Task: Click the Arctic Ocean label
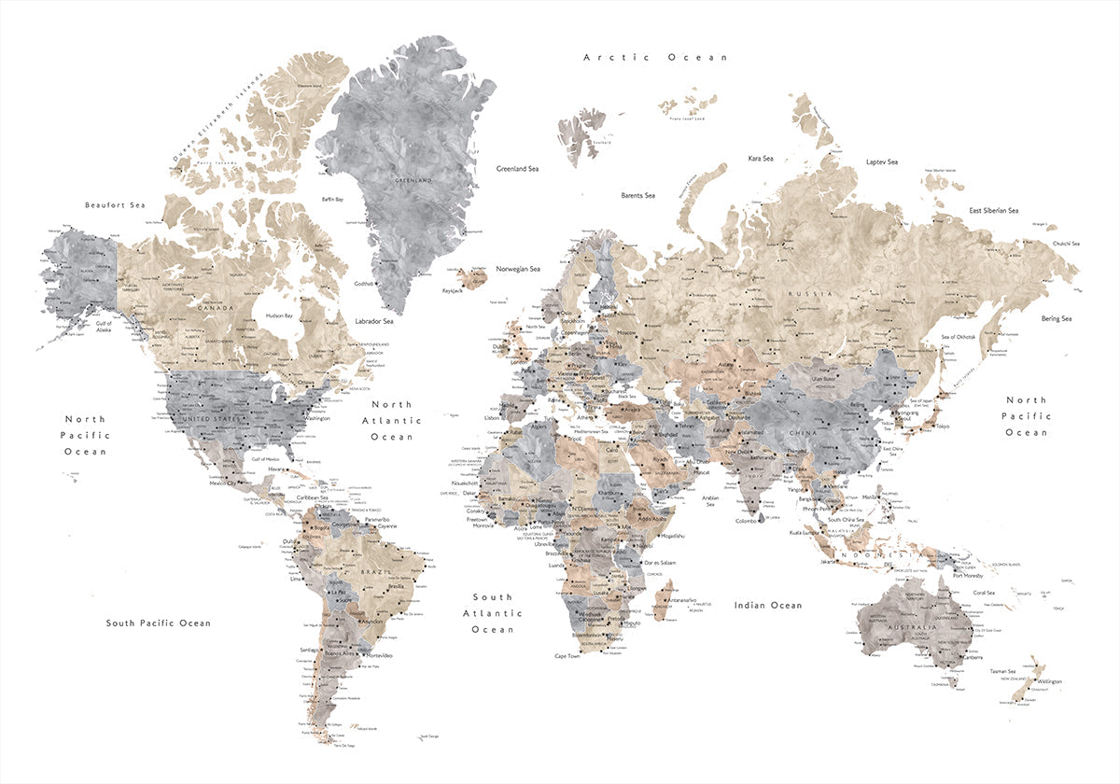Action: tap(655, 57)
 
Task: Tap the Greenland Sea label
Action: tap(517, 169)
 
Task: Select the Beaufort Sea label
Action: tap(115, 204)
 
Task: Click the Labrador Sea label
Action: tap(374, 321)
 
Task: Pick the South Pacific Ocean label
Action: tap(158, 623)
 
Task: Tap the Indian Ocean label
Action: tap(768, 606)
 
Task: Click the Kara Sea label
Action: tap(761, 159)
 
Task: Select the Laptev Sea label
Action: tap(881, 161)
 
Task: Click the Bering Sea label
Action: tap(1057, 318)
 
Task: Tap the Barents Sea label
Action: tap(637, 195)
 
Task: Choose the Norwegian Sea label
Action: tap(518, 269)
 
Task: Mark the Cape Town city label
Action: tap(567, 656)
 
